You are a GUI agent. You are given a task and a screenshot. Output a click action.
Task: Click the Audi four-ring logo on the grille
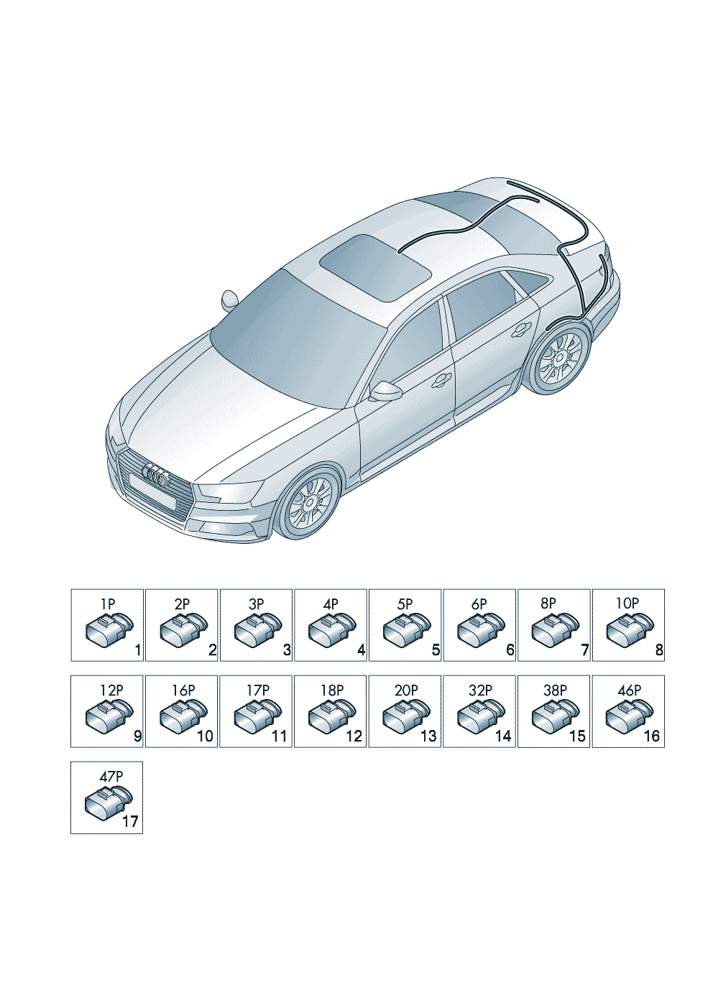(155, 476)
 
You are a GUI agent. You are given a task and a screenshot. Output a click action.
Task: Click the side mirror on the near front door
(386, 391)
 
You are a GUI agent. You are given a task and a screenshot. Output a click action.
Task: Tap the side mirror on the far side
(230, 300)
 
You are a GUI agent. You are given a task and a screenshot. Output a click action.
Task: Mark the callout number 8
(659, 650)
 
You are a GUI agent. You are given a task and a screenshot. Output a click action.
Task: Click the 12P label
(110, 690)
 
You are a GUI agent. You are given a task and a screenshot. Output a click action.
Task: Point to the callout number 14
(503, 736)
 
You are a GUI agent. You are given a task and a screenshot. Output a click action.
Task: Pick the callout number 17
(131, 823)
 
